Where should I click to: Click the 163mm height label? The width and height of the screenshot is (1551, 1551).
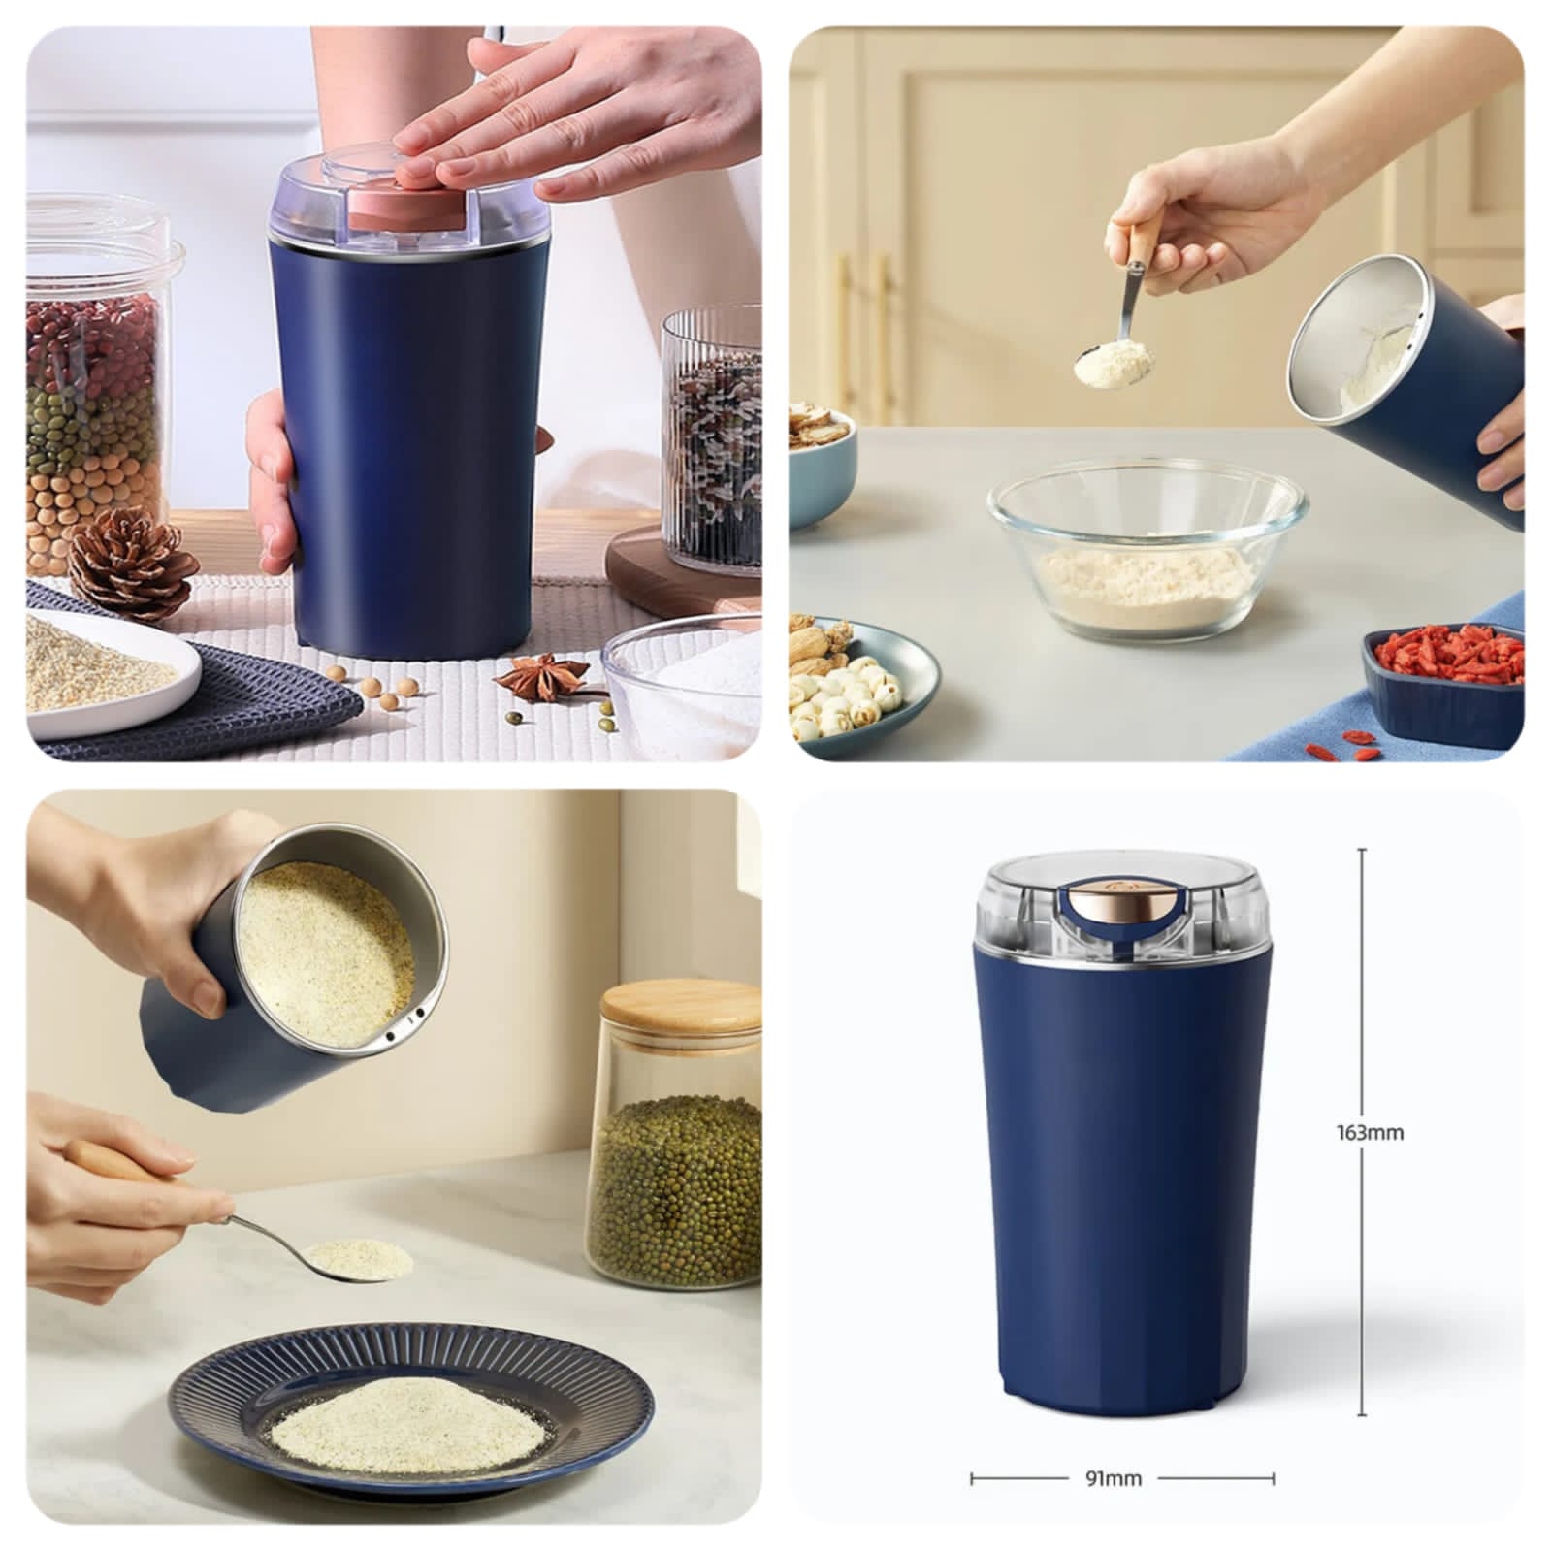tap(1369, 1132)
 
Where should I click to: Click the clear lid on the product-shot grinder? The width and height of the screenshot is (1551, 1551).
tap(1124, 913)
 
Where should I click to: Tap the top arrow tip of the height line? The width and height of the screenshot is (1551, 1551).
tap(1363, 849)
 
